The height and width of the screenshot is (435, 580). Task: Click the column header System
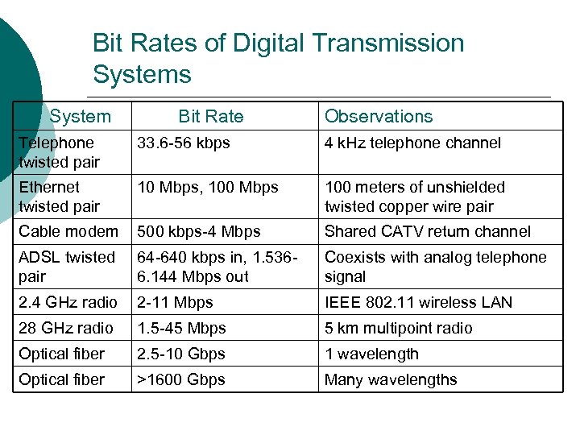pyautogui.click(x=80, y=116)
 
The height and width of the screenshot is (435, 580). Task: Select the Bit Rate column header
pyautogui.click(x=210, y=116)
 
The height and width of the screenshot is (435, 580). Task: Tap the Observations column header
pyautogui.click(x=378, y=116)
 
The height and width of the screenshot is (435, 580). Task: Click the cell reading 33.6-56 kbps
pyautogui.click(x=184, y=143)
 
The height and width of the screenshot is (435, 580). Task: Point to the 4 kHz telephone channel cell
pyautogui.click(x=412, y=143)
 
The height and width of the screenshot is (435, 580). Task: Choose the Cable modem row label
pyautogui.click(x=68, y=231)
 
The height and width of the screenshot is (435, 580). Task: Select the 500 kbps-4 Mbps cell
pyautogui.click(x=199, y=231)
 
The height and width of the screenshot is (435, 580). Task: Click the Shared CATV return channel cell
pyautogui.click(x=427, y=231)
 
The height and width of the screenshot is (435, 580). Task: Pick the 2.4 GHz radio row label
pyautogui.click(x=68, y=302)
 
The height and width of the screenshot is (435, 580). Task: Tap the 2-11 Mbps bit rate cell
pyautogui.click(x=176, y=302)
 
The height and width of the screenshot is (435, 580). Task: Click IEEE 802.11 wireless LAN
pyautogui.click(x=418, y=302)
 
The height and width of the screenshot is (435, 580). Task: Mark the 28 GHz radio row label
pyautogui.click(x=66, y=328)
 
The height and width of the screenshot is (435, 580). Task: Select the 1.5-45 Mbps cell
pyautogui.click(x=181, y=328)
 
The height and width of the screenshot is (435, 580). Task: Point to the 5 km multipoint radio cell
pyautogui.click(x=398, y=328)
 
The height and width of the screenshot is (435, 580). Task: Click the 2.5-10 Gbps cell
pyautogui.click(x=181, y=354)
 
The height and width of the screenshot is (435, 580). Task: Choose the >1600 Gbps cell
pyautogui.click(x=181, y=379)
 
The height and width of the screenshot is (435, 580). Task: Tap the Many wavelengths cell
pyautogui.click(x=390, y=379)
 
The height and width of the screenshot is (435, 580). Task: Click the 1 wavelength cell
pyautogui.click(x=371, y=354)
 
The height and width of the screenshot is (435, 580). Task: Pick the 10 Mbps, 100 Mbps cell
pyautogui.click(x=208, y=187)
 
